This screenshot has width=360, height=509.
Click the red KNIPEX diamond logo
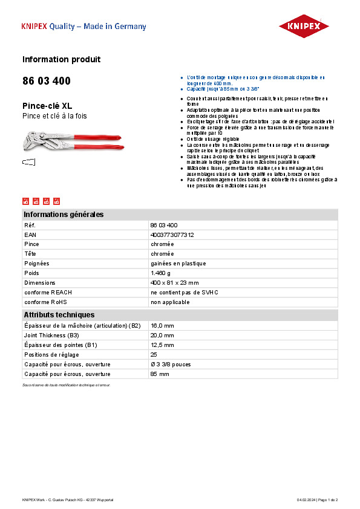[304, 26]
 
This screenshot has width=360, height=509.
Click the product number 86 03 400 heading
[46, 81]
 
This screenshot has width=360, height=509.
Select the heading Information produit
[61, 59]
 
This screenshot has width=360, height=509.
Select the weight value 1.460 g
[160, 273]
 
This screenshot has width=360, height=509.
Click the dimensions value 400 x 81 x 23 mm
[174, 283]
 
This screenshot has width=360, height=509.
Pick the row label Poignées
[37, 264]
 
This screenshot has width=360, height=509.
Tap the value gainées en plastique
[178, 264]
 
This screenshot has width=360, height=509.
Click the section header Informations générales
[64, 215]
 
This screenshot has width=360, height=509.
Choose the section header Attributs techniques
[59, 315]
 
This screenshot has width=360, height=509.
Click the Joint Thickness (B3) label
[51, 335]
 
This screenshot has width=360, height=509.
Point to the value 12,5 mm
[162, 345]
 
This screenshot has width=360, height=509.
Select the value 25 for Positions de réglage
[154, 354]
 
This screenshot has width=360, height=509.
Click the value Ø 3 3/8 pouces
[171, 364]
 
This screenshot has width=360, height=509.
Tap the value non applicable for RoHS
[170, 302]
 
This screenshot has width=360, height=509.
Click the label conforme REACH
[48, 293]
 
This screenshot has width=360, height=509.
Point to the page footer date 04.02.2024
[306, 500]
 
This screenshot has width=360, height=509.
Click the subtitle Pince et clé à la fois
[55, 116]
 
